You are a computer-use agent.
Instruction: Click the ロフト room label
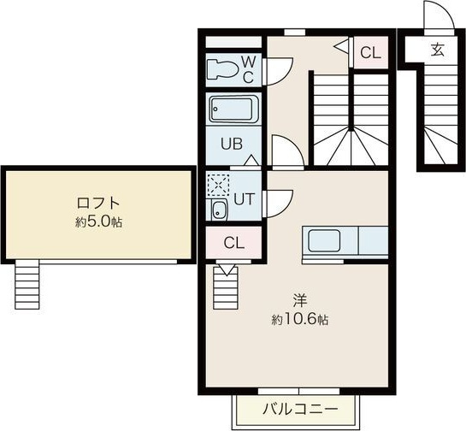97,204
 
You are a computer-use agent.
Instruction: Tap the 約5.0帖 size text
97,221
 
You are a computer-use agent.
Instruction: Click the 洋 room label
300,300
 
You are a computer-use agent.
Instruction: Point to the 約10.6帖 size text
300,319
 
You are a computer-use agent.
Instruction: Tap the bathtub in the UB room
233,110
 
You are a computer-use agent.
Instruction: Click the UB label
233,144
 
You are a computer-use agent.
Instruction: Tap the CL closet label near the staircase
369,53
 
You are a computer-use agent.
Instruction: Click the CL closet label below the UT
233,242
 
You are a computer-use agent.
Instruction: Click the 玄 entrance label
437,50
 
